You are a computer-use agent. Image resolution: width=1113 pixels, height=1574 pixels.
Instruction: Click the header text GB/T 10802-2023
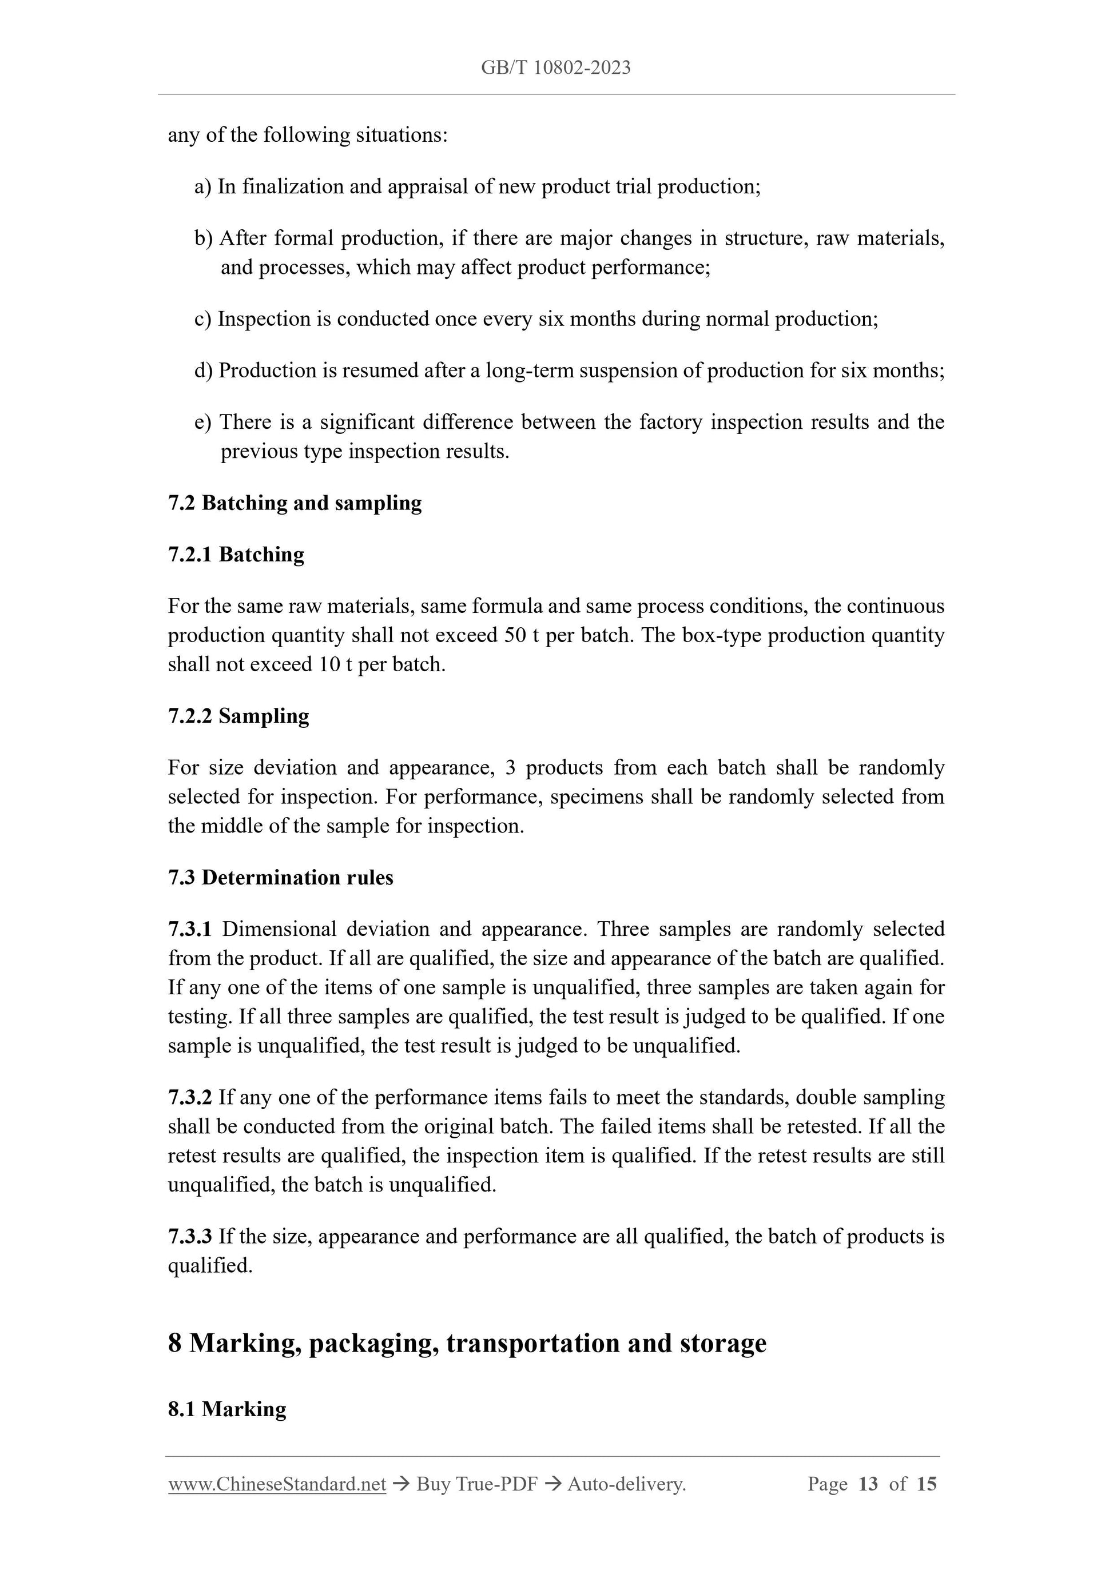[x=555, y=67]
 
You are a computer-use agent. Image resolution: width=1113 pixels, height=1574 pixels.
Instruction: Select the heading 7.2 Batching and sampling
[x=295, y=503]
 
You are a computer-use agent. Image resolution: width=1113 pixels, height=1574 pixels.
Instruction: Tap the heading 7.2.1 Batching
[x=236, y=555]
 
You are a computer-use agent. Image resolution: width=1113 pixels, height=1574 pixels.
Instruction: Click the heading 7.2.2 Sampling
[x=238, y=716]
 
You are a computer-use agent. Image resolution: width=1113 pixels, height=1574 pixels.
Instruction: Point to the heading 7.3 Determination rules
[x=280, y=878]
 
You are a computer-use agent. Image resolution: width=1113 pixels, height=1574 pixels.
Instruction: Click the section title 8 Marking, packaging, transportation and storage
[x=467, y=1343]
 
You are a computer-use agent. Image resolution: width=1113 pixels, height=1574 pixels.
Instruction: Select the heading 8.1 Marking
[x=227, y=1409]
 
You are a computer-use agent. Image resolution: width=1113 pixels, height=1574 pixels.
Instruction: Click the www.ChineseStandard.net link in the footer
[x=277, y=1484]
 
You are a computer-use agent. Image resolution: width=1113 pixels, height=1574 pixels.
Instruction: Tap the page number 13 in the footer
[x=868, y=1484]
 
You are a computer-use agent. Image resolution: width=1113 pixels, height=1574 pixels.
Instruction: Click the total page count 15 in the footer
[x=926, y=1484]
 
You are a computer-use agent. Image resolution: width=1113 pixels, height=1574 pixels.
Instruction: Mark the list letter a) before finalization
[x=203, y=186]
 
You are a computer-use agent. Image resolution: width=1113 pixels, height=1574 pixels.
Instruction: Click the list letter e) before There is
[x=203, y=423]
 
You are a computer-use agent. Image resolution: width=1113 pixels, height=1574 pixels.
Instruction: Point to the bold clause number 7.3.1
[x=190, y=930]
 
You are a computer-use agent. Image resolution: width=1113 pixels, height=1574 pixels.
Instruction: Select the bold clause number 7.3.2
[x=190, y=1098]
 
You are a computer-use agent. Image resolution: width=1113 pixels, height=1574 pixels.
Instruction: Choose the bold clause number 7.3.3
[x=190, y=1237]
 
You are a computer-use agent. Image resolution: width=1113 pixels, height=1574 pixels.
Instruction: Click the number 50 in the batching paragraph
[x=515, y=636]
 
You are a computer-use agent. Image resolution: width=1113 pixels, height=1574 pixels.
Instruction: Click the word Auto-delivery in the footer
[x=626, y=1484]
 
